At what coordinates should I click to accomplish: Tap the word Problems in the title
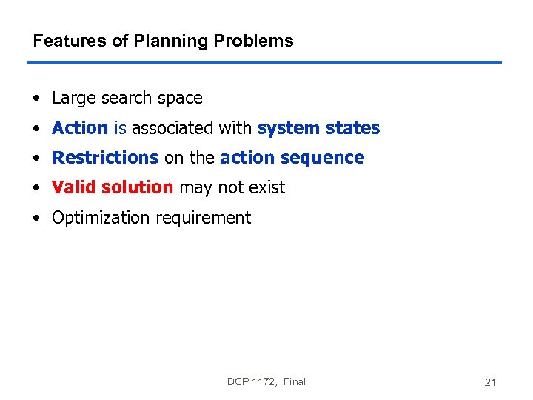pos(253,41)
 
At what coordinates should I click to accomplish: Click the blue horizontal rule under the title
pos(264,62)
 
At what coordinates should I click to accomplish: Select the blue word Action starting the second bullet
pos(80,128)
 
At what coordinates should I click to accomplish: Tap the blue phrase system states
pos(318,128)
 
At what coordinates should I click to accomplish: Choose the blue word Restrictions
pos(105,158)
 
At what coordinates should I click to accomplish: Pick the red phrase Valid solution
pos(113,187)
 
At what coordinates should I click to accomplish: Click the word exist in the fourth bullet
pos(266,187)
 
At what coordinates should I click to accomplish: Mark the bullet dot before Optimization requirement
pos(37,219)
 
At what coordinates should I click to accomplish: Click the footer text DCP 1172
pos(251,381)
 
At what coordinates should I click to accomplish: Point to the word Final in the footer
pos(294,381)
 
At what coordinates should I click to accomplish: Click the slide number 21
pos(489,382)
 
